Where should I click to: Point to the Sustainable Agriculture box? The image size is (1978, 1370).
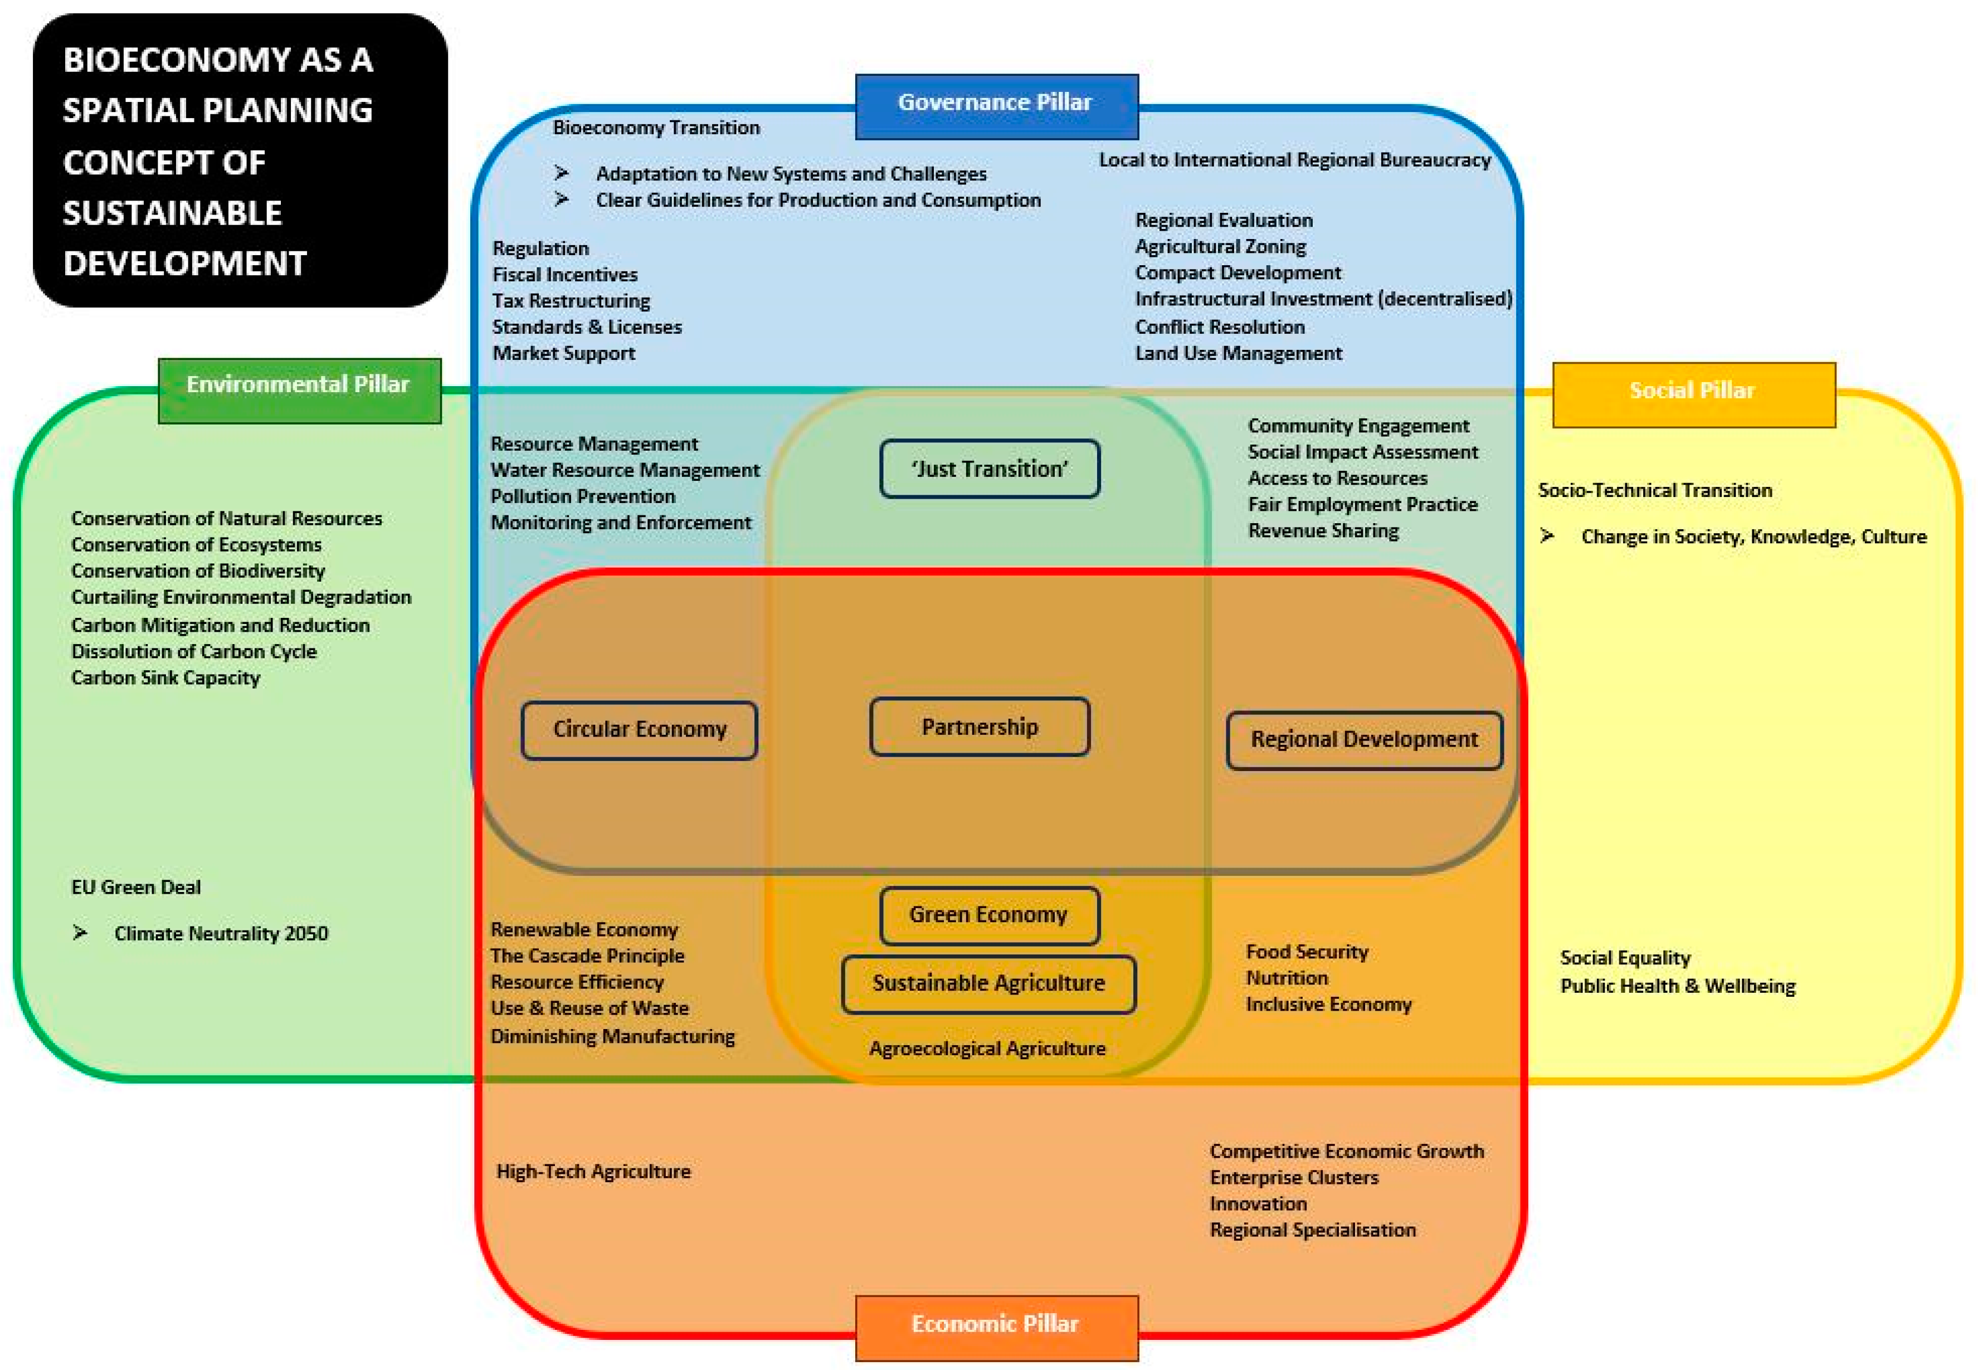989,984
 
